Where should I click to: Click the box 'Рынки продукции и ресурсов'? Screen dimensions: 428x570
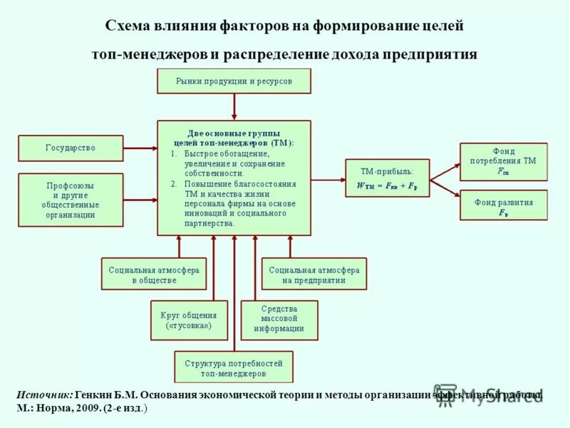[234, 81]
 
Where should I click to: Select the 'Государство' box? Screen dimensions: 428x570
[70, 148]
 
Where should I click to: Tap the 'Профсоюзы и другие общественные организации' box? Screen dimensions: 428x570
[70, 200]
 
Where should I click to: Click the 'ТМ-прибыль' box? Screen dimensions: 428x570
[387, 178]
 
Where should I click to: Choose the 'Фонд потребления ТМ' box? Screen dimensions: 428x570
[503, 162]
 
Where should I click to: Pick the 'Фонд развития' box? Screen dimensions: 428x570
[503, 205]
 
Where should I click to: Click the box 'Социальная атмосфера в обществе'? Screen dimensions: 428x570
[153, 274]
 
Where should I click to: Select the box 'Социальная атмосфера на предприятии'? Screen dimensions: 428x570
[313, 274]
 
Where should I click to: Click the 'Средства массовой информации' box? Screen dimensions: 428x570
[279, 320]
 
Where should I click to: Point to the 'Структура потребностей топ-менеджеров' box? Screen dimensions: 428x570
[234, 367]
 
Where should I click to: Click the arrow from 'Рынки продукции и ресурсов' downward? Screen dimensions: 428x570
[234, 106]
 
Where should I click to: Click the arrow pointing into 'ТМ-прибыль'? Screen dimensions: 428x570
[328, 178]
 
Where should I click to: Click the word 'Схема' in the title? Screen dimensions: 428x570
[128, 26]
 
